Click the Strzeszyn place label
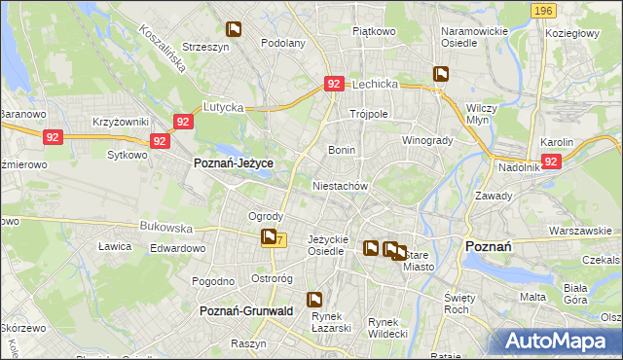(205, 46)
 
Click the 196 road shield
(544, 11)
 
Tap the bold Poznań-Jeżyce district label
(234, 164)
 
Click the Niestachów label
(340, 185)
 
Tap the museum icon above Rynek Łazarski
(314, 300)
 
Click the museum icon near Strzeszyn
(234, 29)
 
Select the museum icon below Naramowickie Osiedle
(442, 73)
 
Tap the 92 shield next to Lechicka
(333, 85)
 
